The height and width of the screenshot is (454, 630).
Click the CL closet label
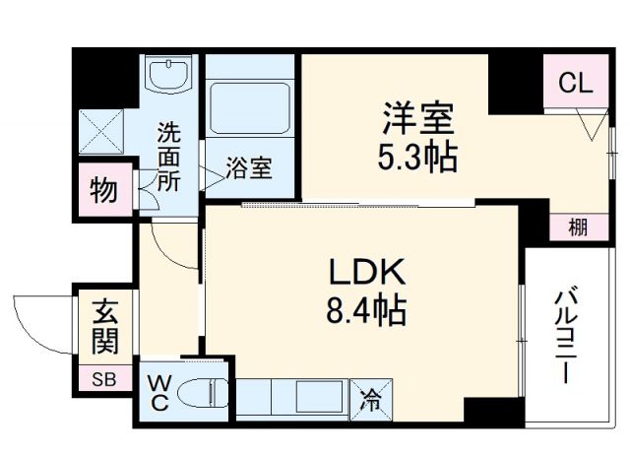(577, 85)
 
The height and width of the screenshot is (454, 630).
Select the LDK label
(363, 271)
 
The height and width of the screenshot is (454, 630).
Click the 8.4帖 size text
(364, 311)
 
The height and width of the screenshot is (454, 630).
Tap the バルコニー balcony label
(565, 335)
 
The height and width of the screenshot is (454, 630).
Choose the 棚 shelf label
(578, 227)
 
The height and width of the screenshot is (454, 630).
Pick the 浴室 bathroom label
(248, 168)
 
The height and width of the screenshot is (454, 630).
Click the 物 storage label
(102, 190)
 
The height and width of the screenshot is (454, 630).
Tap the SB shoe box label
(102, 378)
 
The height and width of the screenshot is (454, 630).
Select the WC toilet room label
(158, 392)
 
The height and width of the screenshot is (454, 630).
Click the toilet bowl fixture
(207, 393)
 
